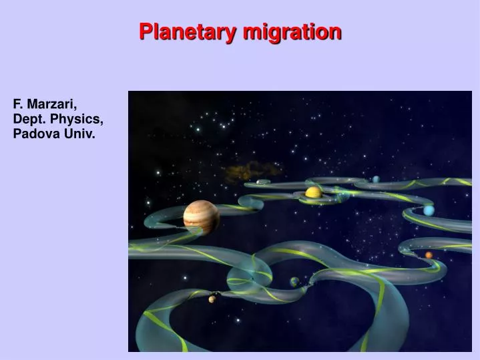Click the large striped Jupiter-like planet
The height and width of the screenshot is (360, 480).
point(201,217)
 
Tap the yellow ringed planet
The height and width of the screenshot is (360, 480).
point(313,193)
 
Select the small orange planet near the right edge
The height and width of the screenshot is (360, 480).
point(429,254)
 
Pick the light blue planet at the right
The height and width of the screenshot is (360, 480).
point(429,210)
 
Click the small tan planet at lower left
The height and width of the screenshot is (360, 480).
point(212,299)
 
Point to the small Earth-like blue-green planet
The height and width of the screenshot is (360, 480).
point(294,282)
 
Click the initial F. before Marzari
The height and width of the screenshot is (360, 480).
point(18,105)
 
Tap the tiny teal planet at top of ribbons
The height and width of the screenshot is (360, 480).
point(377,179)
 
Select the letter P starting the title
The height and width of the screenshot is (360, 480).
point(145,31)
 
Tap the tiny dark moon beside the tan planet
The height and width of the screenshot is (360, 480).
point(218,293)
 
